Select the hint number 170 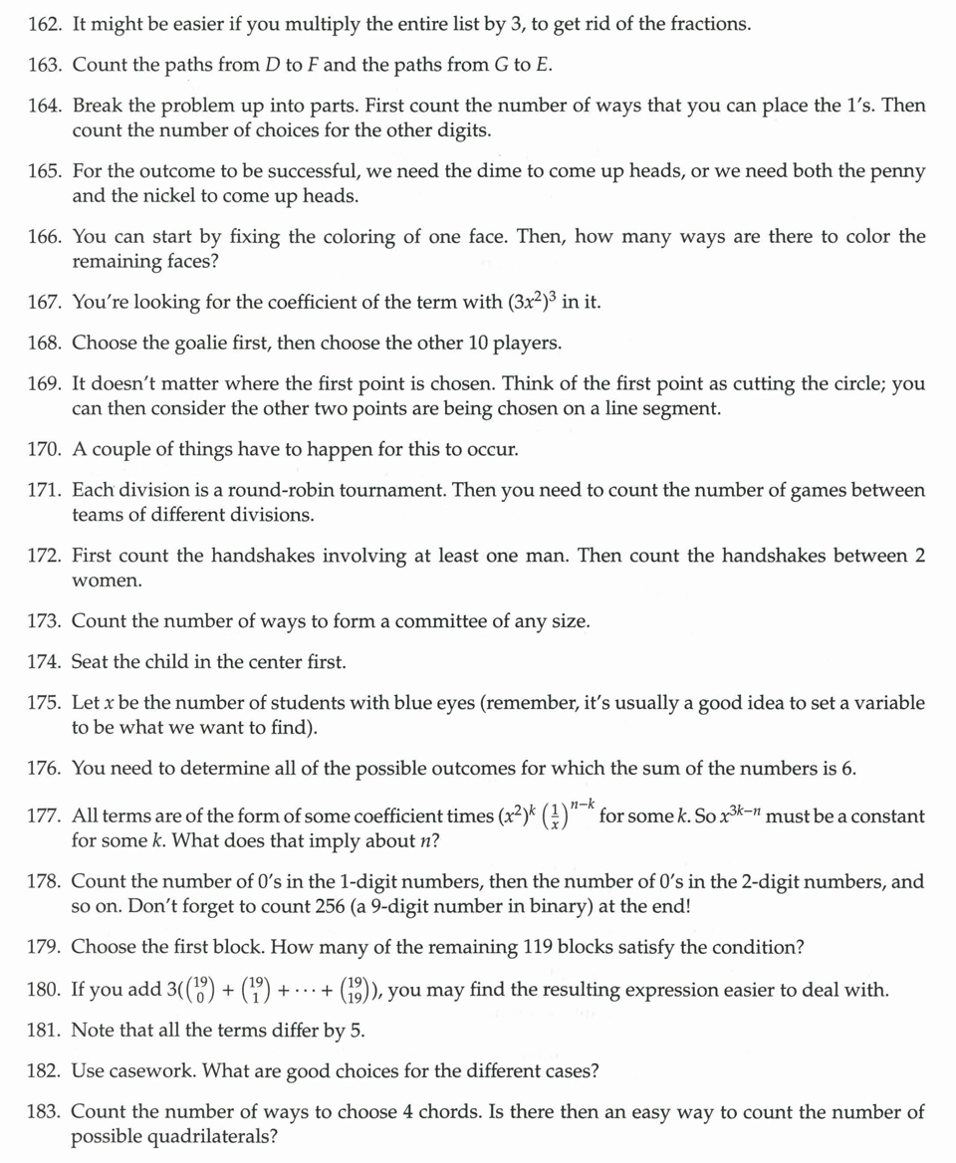click(x=46, y=449)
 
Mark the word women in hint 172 click(x=101, y=580)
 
